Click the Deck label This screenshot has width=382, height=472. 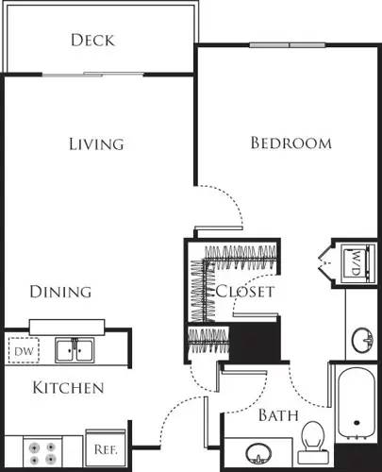click(92, 40)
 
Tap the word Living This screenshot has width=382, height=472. click(96, 144)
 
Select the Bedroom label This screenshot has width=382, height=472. click(291, 143)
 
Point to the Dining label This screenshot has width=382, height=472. click(59, 292)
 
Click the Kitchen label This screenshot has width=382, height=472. click(68, 388)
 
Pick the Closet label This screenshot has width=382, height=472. click(245, 292)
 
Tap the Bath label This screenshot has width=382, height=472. click(278, 414)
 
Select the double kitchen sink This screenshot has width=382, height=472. click(75, 351)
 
